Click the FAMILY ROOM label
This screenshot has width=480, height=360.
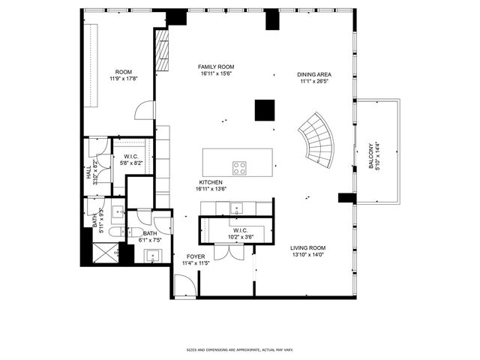(217, 67)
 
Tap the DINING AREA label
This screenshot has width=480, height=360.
(315, 75)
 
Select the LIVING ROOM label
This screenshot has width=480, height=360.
(307, 247)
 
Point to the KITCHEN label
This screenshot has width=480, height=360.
(211, 182)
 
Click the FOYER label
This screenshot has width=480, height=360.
(196, 256)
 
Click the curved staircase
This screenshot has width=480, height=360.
(318, 141)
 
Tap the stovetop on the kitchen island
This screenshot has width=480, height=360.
(240, 167)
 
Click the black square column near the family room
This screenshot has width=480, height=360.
(264, 109)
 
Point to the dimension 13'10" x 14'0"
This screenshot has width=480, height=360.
(307, 255)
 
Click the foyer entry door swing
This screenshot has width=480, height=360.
(184, 285)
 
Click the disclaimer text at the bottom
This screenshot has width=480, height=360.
(239, 349)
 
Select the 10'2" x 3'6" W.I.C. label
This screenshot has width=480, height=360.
(240, 233)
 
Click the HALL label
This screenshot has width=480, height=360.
(89, 172)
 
